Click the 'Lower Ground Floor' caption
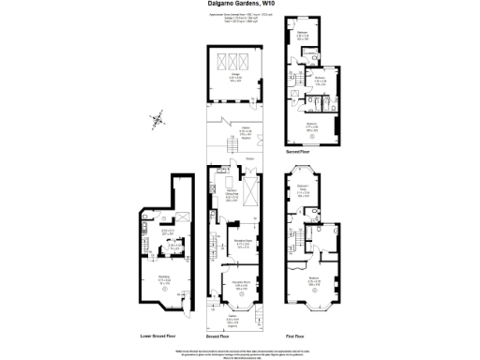click(x=158, y=334)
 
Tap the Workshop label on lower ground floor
click(x=164, y=278)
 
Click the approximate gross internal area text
click(x=239, y=20)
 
